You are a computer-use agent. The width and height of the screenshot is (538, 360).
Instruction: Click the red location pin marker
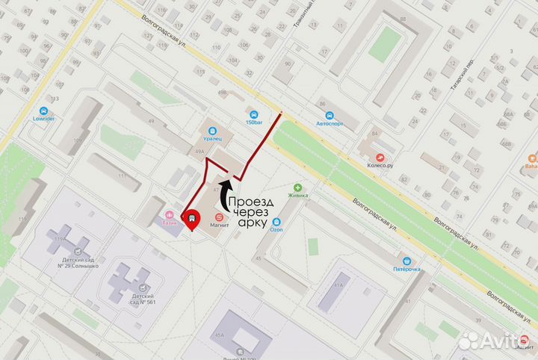coord(192,219)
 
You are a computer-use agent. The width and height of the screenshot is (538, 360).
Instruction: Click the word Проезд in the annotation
coord(250,202)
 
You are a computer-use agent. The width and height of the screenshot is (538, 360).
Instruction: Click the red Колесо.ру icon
coord(381,157)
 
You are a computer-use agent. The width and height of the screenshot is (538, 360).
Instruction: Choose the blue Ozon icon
coord(277,222)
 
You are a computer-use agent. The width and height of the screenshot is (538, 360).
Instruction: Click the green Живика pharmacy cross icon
coord(298,187)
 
